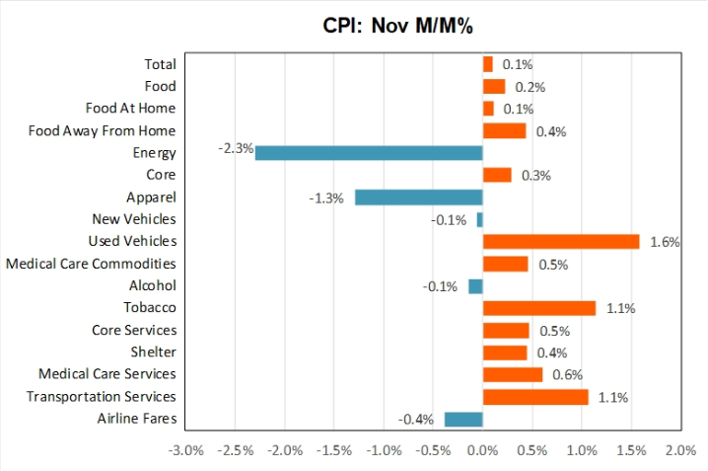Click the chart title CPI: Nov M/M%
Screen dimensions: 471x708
(398, 26)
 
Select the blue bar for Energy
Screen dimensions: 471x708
(369, 152)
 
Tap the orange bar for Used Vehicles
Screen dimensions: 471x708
(560, 241)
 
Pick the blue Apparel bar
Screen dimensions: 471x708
(418, 196)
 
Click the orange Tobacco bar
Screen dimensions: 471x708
(538, 308)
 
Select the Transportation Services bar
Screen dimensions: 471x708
(534, 397)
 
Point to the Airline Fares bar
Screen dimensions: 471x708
(463, 419)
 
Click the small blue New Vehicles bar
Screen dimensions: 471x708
(479, 219)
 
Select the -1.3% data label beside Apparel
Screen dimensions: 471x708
(326, 197)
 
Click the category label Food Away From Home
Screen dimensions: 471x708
(102, 130)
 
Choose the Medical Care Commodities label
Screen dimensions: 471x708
(91, 264)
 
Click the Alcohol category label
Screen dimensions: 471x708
(153, 285)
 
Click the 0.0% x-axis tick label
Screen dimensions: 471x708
(482, 451)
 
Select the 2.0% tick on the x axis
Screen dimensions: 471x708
(680, 451)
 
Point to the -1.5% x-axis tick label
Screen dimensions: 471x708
(333, 451)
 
